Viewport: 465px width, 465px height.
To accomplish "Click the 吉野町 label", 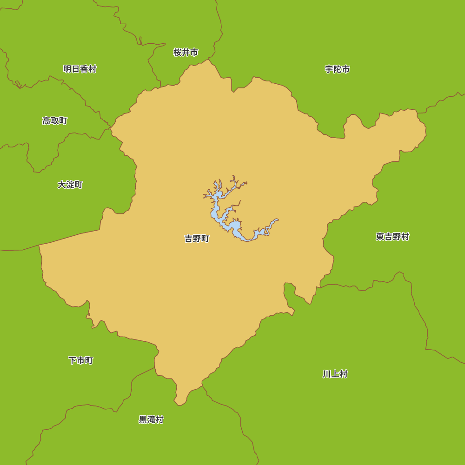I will coord(197,239).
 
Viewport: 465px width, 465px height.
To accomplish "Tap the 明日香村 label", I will coord(80,69).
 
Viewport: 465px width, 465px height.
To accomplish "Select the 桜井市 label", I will coord(186,53).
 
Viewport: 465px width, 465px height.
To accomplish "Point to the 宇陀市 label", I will coord(337,69).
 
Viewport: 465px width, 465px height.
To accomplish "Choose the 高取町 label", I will coord(54,121).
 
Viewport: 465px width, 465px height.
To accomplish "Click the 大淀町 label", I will coord(70,185).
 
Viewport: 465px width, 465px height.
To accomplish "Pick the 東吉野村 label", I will coord(392,237).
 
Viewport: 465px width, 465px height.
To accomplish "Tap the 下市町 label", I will coord(80,360).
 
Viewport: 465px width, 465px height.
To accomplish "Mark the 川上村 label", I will coord(335,374).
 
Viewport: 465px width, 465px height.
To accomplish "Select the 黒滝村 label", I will coord(151,419).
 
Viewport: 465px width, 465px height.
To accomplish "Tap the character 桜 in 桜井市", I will coord(178,53).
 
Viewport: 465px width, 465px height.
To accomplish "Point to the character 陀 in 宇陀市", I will coord(337,69).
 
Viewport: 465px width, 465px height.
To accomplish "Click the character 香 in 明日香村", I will coord(84,69).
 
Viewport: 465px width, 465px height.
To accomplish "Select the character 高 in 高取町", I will coord(46,121).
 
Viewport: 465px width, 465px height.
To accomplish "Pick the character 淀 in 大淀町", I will coord(70,185).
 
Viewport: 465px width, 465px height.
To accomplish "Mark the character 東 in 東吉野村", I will coord(380,237).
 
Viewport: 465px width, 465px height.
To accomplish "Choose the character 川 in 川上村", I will coord(327,374).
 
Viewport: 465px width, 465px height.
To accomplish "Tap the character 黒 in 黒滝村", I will coord(143,419).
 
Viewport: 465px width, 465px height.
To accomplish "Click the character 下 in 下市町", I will coord(73,360).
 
